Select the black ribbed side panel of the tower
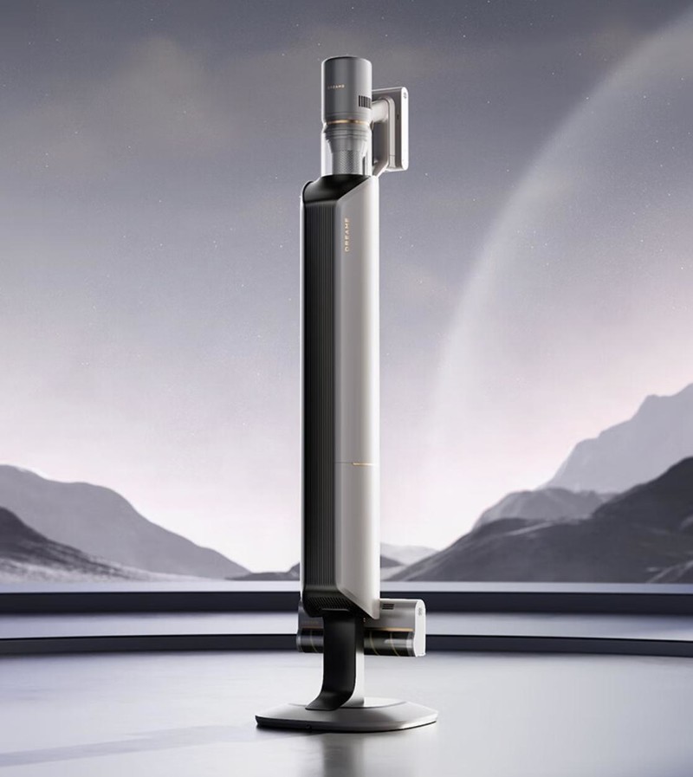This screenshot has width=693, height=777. pyautogui.click(x=313, y=390)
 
